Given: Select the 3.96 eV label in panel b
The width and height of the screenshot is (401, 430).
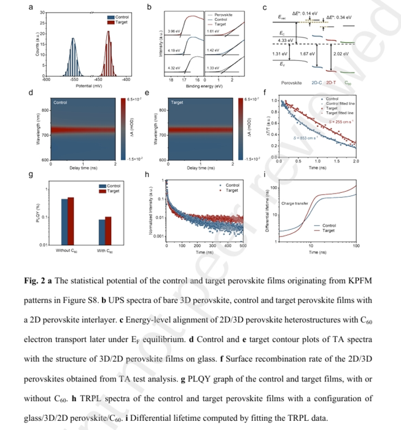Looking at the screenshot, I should pos(173,29).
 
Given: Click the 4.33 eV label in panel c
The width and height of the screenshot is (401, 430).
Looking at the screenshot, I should pos(284,40).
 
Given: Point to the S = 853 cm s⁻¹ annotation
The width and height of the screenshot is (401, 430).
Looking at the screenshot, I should pos(304,138).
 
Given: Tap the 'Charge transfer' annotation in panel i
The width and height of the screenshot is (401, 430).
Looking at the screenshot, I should pos(294,203).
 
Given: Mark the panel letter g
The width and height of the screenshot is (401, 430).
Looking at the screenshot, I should pos(31,176).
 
